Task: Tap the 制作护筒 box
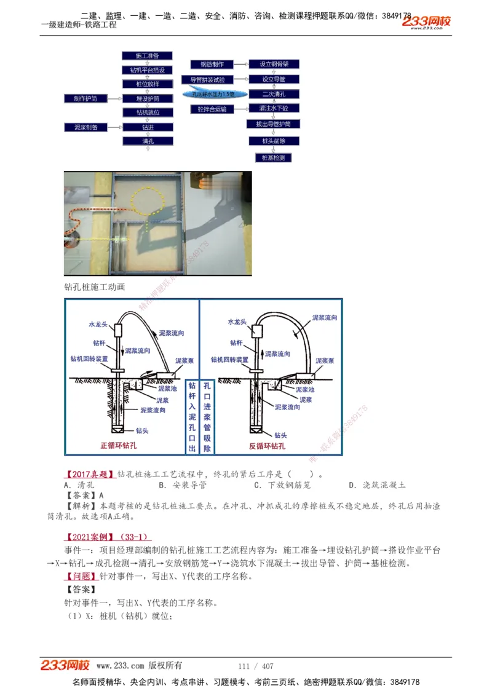tap(85, 98)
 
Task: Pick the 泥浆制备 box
tap(85, 127)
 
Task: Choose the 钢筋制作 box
tap(212, 65)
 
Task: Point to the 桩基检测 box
tap(273, 157)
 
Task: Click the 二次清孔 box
tap(273, 94)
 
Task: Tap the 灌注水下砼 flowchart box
tap(273, 109)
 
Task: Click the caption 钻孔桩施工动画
tap(95, 287)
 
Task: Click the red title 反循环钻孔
tap(267, 446)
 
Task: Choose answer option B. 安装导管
tap(182, 485)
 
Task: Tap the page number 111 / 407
tap(255, 666)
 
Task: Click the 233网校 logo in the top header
tap(427, 22)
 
